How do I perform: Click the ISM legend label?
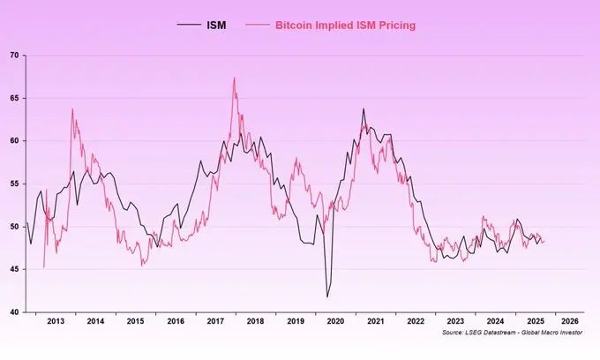[x=215, y=26]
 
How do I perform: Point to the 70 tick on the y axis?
[x=14, y=56]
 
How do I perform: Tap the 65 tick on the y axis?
[x=14, y=98]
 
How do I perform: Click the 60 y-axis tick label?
[x=14, y=141]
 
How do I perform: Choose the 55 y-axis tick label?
[x=14, y=184]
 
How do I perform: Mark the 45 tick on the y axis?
[x=14, y=269]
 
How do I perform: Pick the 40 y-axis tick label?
[x=14, y=311]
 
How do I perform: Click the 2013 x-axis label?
[x=55, y=322]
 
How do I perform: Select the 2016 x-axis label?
[x=175, y=322]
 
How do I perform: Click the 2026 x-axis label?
[x=570, y=322]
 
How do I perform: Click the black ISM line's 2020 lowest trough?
[x=327, y=296]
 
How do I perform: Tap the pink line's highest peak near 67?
[x=234, y=78]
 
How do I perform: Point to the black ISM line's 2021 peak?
[x=363, y=109]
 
